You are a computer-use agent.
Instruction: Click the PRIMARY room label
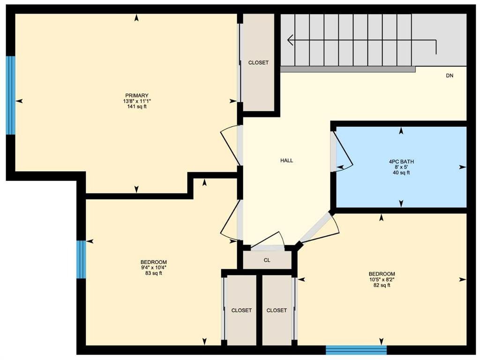click(x=136, y=96)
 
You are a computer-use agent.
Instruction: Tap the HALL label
click(x=286, y=160)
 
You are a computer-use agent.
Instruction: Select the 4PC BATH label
click(x=401, y=162)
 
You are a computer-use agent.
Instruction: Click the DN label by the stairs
click(x=450, y=75)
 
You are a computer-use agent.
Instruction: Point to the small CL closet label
click(x=267, y=260)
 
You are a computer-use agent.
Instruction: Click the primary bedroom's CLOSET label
click(x=258, y=62)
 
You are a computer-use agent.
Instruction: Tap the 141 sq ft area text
click(x=137, y=107)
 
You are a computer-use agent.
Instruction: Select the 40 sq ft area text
click(x=401, y=172)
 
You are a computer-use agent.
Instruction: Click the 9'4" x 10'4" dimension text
click(x=153, y=268)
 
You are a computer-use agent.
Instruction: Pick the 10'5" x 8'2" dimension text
click(x=382, y=279)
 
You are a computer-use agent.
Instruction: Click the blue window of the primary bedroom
click(x=11, y=95)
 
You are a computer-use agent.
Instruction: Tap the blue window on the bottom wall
click(x=356, y=350)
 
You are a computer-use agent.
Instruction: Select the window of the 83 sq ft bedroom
click(x=81, y=260)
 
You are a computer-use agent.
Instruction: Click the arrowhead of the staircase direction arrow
click(x=291, y=40)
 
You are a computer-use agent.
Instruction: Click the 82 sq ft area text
click(x=382, y=285)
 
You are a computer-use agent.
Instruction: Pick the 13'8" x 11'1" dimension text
click(x=137, y=101)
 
